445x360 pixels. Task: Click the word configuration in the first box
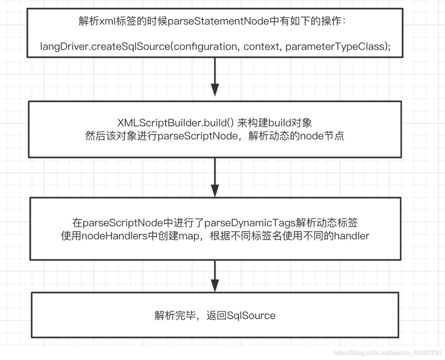205,46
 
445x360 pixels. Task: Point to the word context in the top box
261,46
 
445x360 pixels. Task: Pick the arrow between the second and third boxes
215,177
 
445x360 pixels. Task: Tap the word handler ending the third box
352,236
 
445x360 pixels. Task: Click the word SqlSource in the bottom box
251,316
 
